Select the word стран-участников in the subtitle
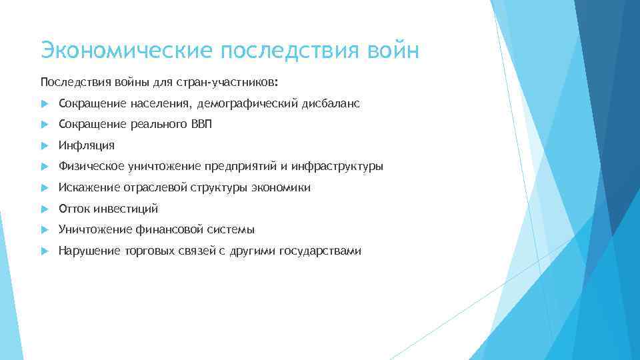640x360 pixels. point(226,82)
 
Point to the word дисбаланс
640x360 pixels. point(331,103)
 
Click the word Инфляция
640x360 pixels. point(87,145)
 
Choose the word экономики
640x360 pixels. point(280,188)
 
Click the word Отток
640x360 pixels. point(74,209)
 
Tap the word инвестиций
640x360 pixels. point(125,209)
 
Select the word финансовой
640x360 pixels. point(189,230)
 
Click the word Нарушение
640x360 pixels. point(87,251)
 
